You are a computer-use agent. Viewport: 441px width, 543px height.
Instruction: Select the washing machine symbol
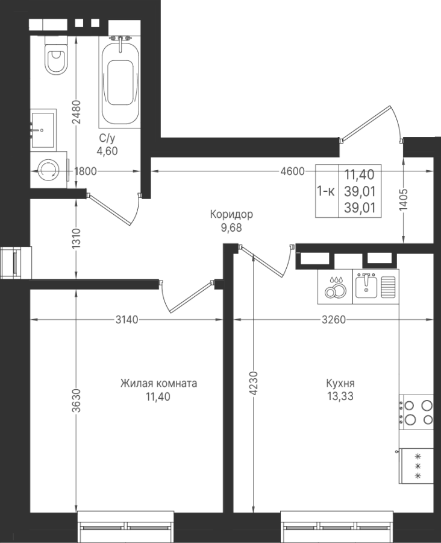pos(48,170)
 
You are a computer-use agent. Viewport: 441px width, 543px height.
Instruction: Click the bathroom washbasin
pos(43,130)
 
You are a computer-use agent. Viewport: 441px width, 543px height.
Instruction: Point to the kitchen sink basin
pos(366,286)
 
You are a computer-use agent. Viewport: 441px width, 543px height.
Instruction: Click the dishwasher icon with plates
pos(335,287)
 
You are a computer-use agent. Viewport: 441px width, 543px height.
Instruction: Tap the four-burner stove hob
pos(416,412)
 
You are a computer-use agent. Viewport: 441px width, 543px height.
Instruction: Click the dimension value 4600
pos(293,171)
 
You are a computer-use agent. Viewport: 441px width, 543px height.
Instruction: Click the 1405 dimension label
pos(404,200)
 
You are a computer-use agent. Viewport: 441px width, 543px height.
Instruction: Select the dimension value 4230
pos(254,384)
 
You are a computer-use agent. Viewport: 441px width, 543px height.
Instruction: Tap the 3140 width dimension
pos(127,319)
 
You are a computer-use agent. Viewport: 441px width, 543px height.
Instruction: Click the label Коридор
pos(231,214)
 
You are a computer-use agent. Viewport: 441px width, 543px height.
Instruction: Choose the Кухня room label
pos(340,383)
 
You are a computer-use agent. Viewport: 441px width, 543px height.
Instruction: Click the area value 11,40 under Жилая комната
pos(158,396)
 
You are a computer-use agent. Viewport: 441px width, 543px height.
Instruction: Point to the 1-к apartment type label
pos(326,191)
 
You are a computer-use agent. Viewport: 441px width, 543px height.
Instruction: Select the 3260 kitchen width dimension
pos(333,319)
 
